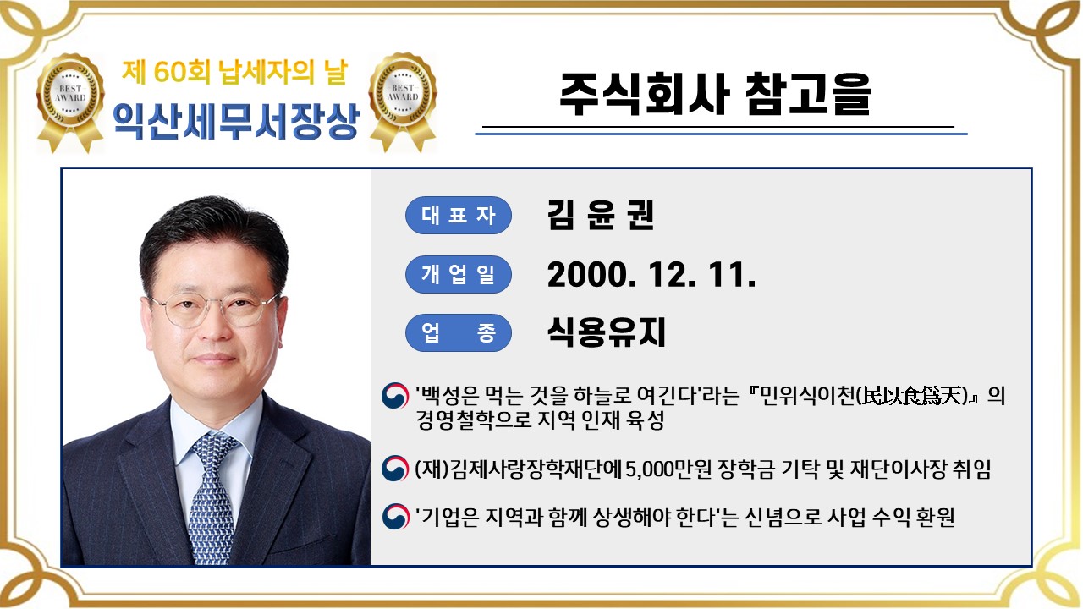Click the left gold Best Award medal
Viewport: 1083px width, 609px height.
point(70,100)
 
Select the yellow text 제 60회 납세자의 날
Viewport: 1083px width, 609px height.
point(234,73)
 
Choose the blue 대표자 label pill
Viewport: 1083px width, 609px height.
point(459,215)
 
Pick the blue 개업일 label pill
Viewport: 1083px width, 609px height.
point(459,274)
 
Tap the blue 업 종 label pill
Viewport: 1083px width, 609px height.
point(459,332)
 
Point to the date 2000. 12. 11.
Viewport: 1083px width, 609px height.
point(651,274)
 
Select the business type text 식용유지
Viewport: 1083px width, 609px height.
point(607,332)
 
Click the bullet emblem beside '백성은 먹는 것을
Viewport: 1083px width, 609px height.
point(395,397)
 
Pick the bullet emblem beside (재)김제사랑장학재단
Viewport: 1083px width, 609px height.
point(395,469)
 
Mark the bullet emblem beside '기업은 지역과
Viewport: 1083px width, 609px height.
point(395,516)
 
